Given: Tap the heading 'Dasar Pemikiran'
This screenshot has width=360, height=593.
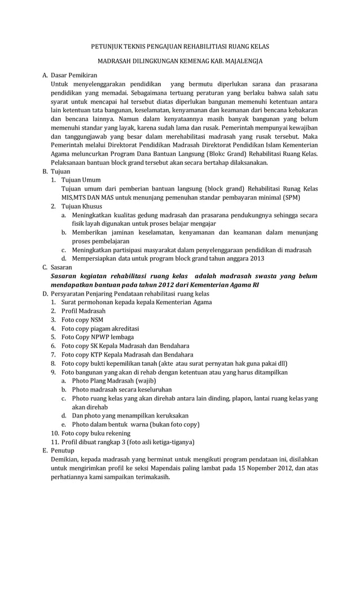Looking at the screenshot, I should click(x=74, y=74).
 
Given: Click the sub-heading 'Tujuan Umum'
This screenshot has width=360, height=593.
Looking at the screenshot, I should click(x=81, y=180).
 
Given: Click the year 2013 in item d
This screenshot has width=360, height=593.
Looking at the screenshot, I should click(x=256, y=258).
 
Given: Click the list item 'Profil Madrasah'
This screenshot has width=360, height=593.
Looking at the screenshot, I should click(x=84, y=311).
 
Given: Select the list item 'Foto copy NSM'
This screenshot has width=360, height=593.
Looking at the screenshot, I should click(x=82, y=319).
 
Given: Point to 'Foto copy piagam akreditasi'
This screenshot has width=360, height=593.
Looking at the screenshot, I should click(x=100, y=328).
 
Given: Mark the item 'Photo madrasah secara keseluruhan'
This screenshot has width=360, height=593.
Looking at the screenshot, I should click(x=122, y=389).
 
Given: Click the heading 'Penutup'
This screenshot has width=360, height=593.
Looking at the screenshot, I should click(x=63, y=451).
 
